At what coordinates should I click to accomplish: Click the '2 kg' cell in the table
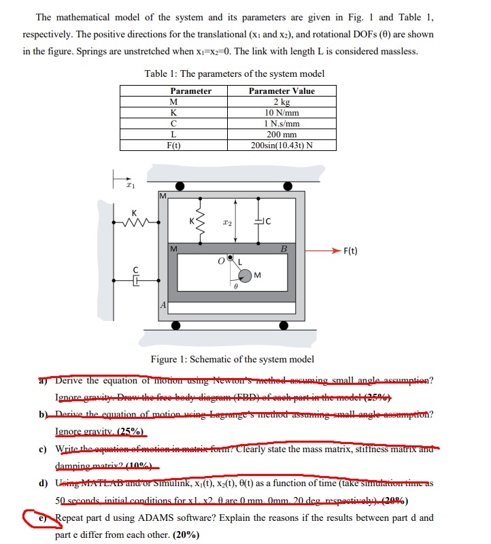point(282,101)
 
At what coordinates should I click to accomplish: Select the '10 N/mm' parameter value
point(282,112)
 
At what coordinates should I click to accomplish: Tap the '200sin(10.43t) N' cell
point(282,145)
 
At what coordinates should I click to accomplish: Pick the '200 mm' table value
point(282,134)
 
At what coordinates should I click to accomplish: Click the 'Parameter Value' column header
point(282,90)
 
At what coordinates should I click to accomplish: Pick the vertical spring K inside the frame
point(199,218)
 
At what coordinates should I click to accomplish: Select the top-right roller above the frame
point(288,186)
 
